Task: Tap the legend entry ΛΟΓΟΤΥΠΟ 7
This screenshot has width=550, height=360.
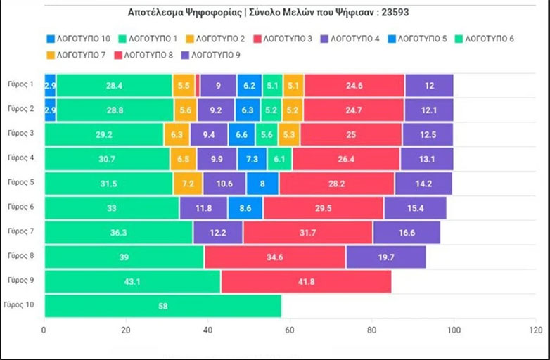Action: pyautogui.click(x=75, y=54)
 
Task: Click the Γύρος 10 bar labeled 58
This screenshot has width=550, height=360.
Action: pyautogui.click(x=162, y=306)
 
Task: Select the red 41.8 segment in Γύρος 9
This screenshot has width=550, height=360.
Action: pyautogui.click(x=306, y=281)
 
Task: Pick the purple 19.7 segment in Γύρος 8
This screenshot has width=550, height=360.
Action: pyautogui.click(x=385, y=257)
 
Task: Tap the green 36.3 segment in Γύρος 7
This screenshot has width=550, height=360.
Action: pyautogui.click(x=118, y=232)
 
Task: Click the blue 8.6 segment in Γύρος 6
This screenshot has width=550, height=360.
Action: pyautogui.click(x=245, y=207)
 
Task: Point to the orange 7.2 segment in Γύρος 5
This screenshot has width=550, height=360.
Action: pyautogui.click(x=188, y=184)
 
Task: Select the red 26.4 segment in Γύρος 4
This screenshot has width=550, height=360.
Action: pyautogui.click(x=346, y=159)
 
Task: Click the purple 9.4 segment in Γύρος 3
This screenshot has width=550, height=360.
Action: pyautogui.click(x=209, y=134)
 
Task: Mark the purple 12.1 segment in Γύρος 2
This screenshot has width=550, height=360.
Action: pyautogui.click(x=428, y=110)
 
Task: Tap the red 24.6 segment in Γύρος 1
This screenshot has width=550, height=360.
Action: pyautogui.click(x=354, y=85)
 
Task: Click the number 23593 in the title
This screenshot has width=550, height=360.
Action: pyautogui.click(x=404, y=13)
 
